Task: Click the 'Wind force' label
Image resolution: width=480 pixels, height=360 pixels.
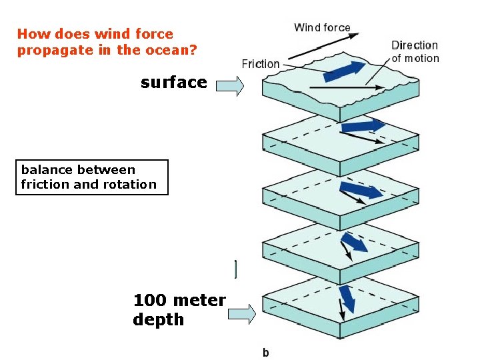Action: pyautogui.click(x=322, y=27)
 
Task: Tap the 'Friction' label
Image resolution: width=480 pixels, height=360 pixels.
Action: pyautogui.click(x=260, y=64)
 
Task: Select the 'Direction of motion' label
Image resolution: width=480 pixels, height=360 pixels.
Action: pyautogui.click(x=415, y=51)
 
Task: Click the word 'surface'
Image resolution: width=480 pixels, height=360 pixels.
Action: pyautogui.click(x=173, y=83)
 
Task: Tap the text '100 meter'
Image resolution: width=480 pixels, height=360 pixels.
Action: pyautogui.click(x=179, y=301)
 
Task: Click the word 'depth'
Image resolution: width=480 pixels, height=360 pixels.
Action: pyautogui.click(x=158, y=319)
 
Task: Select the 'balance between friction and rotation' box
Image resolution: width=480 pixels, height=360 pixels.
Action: pyautogui.click(x=91, y=177)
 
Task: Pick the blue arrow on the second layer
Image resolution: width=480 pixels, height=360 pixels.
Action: pyautogui.click(x=363, y=125)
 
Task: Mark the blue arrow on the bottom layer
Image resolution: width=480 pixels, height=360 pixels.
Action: pyautogui.click(x=347, y=299)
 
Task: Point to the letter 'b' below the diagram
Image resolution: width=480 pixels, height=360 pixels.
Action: pyautogui.click(x=265, y=353)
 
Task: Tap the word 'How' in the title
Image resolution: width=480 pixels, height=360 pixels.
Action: pyautogui.click(x=31, y=34)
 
